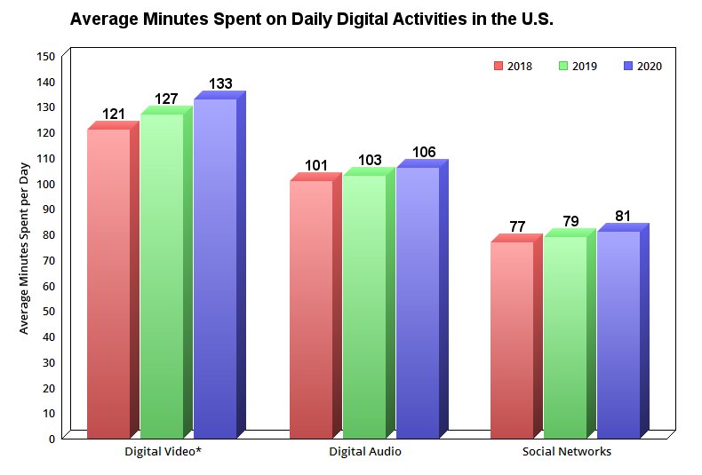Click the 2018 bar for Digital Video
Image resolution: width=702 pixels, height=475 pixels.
108,283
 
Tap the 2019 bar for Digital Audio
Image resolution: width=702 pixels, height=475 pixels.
364,306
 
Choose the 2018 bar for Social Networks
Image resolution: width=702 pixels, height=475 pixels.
512,339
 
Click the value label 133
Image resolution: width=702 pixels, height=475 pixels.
220,84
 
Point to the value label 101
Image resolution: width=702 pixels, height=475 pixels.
316,165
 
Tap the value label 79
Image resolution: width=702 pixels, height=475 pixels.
570,221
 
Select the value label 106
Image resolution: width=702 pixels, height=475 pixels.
424,153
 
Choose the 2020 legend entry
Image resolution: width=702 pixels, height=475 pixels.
642,66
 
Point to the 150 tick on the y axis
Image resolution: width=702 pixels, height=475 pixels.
46,56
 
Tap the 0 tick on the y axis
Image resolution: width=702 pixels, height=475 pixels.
52,439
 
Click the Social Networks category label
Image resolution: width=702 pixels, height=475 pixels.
566,452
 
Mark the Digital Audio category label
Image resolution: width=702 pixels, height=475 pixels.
364,452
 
